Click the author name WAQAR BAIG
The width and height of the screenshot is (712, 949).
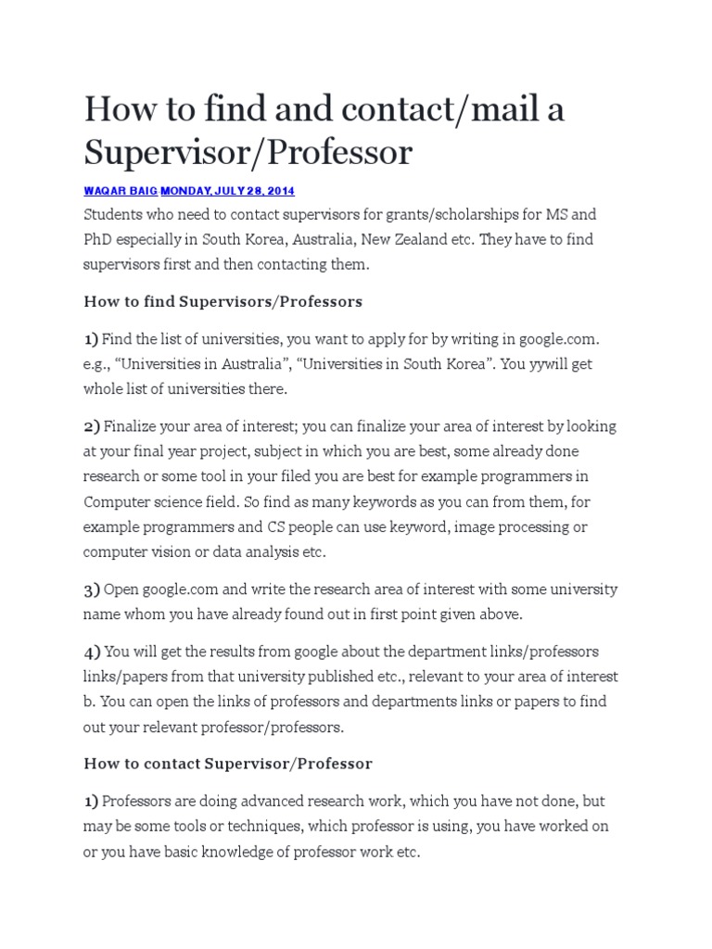[x=121, y=191]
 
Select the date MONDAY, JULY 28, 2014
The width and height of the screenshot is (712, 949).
[x=228, y=191]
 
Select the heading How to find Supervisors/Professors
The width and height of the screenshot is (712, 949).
[x=222, y=301]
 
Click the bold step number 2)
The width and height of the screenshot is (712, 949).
[x=91, y=427]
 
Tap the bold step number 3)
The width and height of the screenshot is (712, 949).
[x=91, y=589]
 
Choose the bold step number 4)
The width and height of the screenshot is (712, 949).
[x=91, y=652]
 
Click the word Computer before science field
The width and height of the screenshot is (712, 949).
[x=117, y=502]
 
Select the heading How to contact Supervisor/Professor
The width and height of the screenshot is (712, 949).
[x=228, y=765]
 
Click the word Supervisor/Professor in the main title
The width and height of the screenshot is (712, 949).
[x=248, y=153]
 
